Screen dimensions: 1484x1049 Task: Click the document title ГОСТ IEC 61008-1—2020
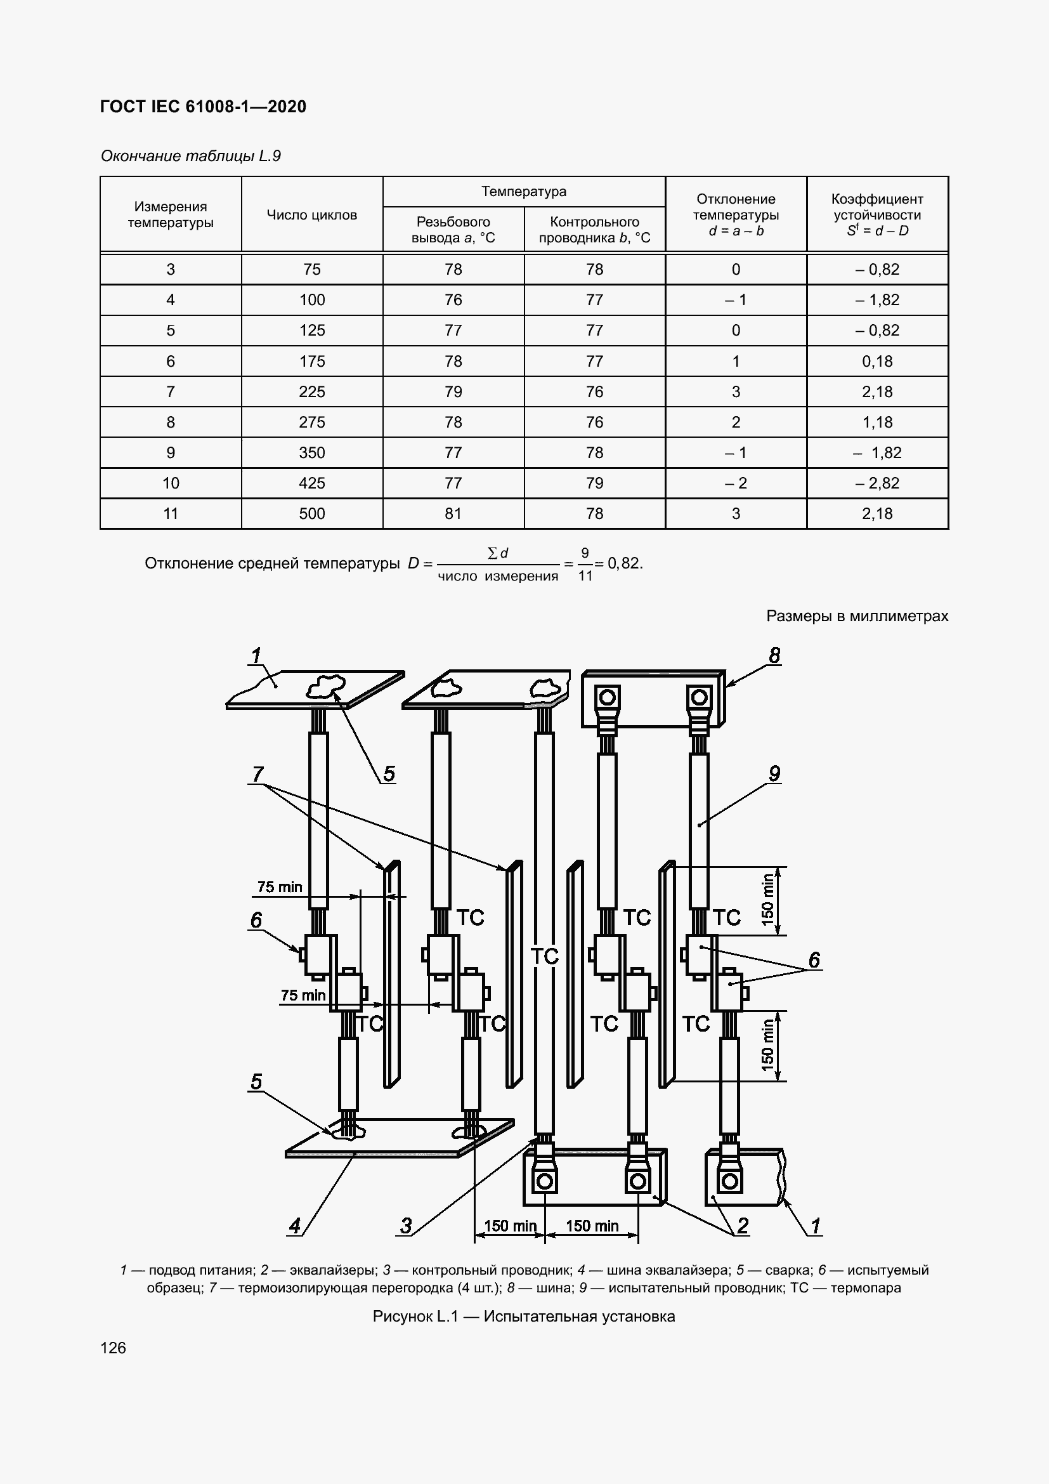203,107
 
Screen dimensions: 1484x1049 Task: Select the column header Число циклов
311,215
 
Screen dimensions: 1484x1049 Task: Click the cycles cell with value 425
311,483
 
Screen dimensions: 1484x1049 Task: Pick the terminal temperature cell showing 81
453,513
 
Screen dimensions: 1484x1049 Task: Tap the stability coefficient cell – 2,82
876,483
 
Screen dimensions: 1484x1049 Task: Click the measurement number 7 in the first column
171,391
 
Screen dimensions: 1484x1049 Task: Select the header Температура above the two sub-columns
523,192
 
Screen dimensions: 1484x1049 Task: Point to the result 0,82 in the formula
624,563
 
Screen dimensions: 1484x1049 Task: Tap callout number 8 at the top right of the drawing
774,655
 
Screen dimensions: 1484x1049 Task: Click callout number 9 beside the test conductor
774,773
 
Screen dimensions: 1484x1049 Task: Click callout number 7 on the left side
257,773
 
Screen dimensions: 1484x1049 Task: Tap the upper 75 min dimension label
279,887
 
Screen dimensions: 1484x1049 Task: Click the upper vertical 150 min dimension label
767,900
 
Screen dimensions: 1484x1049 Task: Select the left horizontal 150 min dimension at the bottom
511,1226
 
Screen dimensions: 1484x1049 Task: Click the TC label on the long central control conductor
544,956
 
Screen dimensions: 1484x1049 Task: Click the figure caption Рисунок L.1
523,1317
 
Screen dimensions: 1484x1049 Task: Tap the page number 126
113,1348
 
